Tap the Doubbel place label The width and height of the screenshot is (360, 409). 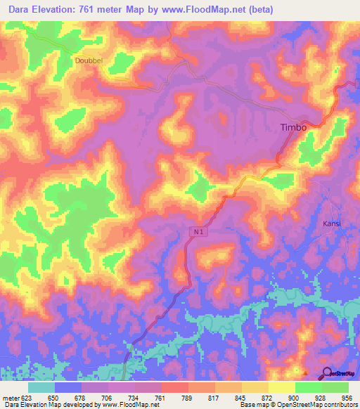coord(89,60)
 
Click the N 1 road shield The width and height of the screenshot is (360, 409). coord(199,230)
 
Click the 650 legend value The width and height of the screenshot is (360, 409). coord(53,396)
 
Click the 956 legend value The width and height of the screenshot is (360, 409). coord(349,396)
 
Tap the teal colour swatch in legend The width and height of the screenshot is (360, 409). coord(41,387)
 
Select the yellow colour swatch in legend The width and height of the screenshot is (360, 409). coord(282,387)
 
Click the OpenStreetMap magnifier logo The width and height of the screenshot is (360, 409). coord(328,373)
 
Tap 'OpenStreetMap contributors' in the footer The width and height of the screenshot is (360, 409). coord(320,405)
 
